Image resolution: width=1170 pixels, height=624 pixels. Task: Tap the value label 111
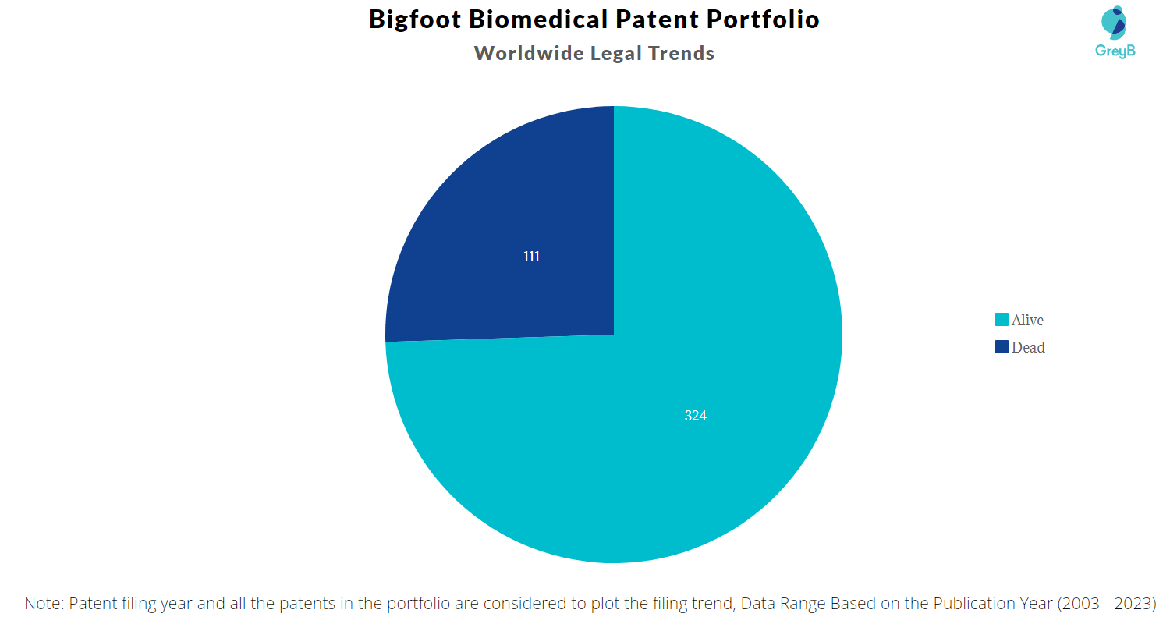coord(532,257)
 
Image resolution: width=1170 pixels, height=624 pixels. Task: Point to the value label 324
coord(696,416)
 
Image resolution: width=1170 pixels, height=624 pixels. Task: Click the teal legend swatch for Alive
coord(1002,320)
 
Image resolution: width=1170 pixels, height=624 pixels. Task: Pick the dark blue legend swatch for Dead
coord(1002,347)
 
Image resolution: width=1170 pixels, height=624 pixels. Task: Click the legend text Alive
coord(1027,320)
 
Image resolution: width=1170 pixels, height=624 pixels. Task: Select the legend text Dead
coord(1028,347)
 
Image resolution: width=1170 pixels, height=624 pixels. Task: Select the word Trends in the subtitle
coord(681,53)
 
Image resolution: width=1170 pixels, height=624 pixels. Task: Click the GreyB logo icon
coord(1115,23)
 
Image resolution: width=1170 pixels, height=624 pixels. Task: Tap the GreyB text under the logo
coord(1115,51)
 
